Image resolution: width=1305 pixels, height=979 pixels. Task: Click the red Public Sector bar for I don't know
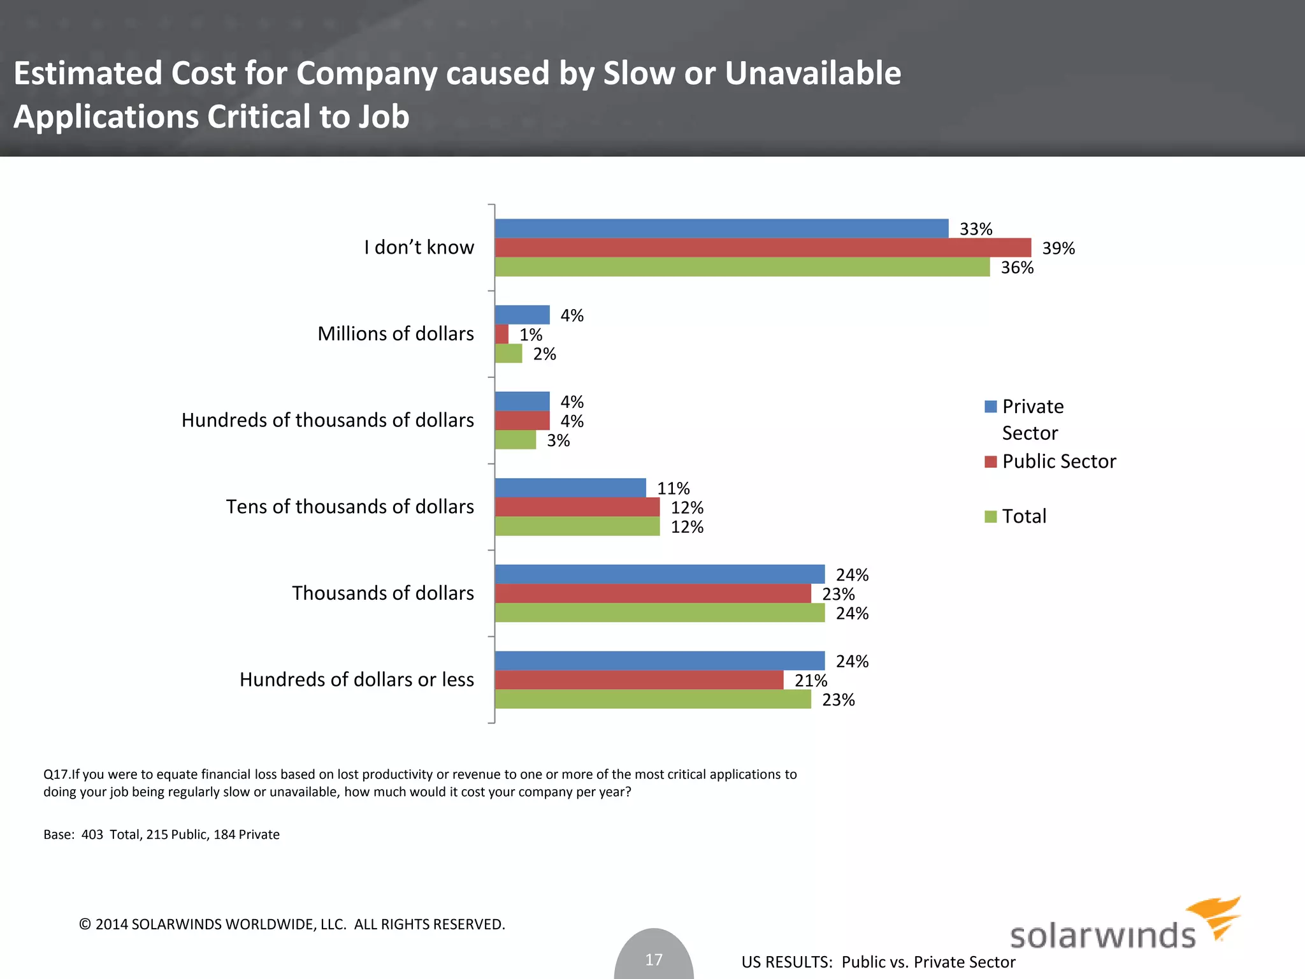pyautogui.click(x=763, y=247)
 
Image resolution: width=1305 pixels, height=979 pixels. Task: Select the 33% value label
pyautogui.click(x=976, y=229)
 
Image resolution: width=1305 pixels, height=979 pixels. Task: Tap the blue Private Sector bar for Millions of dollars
pyautogui.click(x=522, y=315)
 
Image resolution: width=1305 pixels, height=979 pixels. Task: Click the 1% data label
pyautogui.click(x=530, y=335)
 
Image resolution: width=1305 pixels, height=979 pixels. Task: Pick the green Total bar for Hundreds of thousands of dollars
pyautogui.click(x=515, y=440)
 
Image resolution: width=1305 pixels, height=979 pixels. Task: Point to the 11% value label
pyautogui.click(x=673, y=488)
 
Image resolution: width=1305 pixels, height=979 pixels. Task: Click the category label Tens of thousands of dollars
pyautogui.click(x=350, y=507)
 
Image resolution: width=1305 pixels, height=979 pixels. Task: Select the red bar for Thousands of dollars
pyautogui.click(x=652, y=593)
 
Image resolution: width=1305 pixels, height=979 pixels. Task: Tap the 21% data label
pyautogui.click(x=811, y=681)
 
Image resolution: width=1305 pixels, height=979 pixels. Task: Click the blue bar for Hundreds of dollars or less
pyautogui.click(x=660, y=660)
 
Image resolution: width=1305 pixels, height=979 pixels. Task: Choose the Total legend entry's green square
pyautogui.click(x=990, y=516)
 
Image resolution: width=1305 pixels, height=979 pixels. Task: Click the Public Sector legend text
pyautogui.click(x=1058, y=461)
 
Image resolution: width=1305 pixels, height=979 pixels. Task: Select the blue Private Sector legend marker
pyautogui.click(x=990, y=407)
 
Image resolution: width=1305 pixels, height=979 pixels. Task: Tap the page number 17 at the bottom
pyautogui.click(x=654, y=959)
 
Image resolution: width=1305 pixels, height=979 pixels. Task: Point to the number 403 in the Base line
pyautogui.click(x=92, y=834)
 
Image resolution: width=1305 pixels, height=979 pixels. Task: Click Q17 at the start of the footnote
pyautogui.click(x=55, y=774)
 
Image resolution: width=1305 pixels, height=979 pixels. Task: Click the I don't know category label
pyautogui.click(x=419, y=247)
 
